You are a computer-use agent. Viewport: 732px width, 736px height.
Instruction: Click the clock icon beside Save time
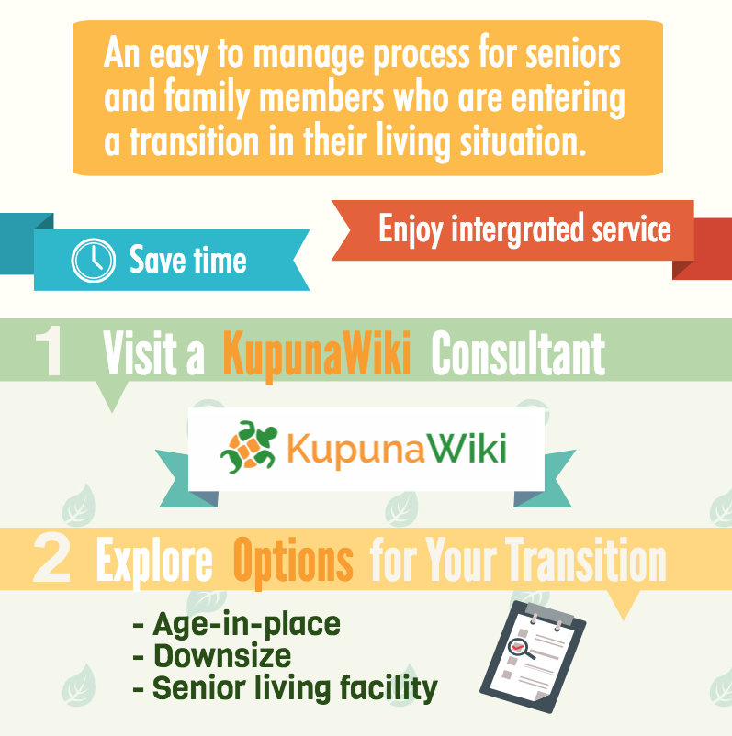pos(93,260)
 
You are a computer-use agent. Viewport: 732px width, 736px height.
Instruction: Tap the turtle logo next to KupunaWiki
pos(249,447)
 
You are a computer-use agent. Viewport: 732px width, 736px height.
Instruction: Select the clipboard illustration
pos(533,657)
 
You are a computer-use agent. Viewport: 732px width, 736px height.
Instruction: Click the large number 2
pos(52,559)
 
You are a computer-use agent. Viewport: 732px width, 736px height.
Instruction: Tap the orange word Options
pos(293,562)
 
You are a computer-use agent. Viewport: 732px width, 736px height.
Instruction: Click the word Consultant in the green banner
pos(518,353)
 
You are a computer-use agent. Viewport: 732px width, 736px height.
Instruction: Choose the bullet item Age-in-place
pos(237,625)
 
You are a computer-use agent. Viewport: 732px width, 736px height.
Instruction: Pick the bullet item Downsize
pos(212,656)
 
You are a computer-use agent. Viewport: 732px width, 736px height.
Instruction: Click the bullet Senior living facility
pos(286,688)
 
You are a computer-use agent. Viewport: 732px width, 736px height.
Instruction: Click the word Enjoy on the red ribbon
pos(411,229)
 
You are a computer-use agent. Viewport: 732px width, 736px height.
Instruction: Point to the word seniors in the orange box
pos(573,54)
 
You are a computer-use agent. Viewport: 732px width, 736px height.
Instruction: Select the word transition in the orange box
pos(195,141)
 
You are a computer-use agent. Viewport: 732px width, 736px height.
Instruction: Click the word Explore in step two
pos(154,562)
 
